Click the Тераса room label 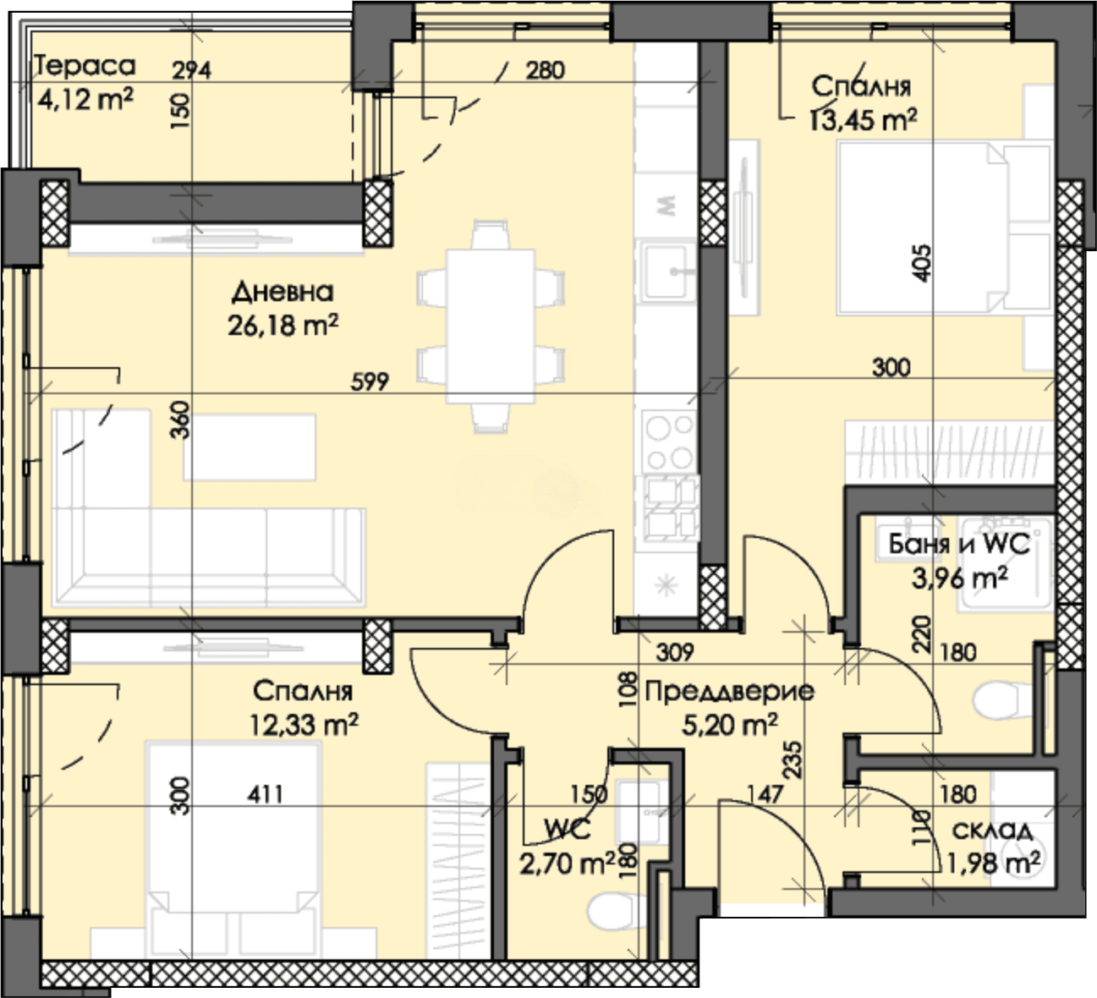point(85,66)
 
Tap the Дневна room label point(282,292)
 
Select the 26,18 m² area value point(282,326)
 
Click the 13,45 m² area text point(863,120)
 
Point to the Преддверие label point(730,693)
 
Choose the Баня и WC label point(959,544)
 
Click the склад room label point(992,831)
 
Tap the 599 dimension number point(370,381)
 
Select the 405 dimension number point(921,263)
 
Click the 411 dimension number point(265,794)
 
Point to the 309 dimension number point(675,652)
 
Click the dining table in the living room point(491,326)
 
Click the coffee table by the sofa point(250,447)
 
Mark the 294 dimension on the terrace point(191,70)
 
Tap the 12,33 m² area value point(304,725)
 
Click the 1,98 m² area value point(992,864)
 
